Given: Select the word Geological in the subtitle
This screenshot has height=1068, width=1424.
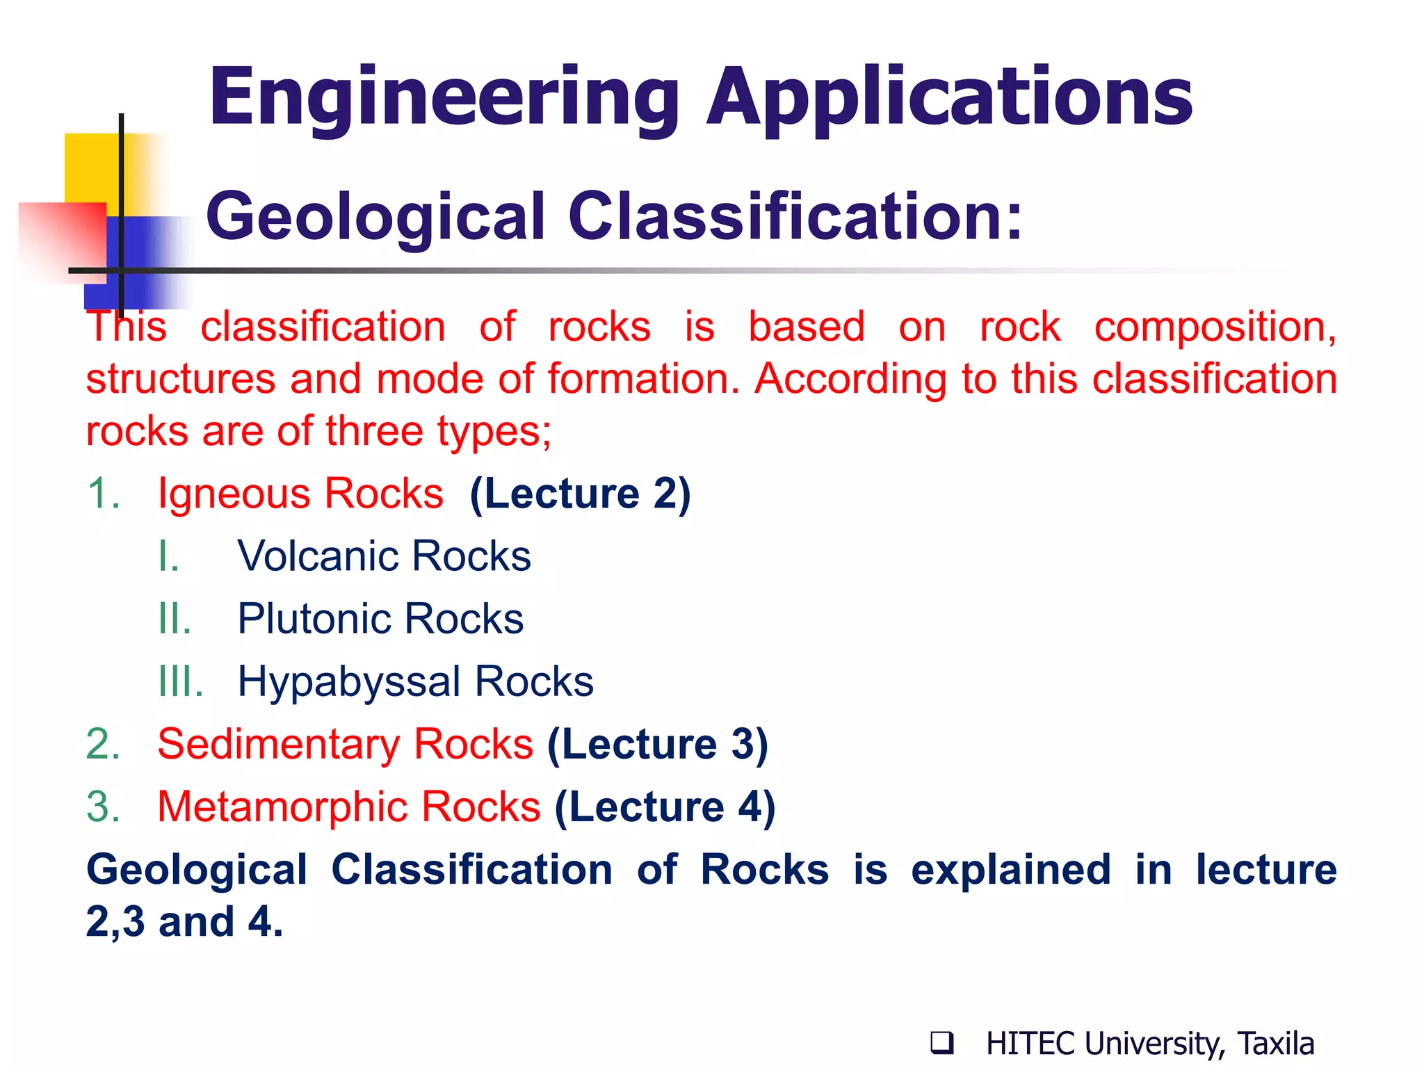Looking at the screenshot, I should pyautogui.click(x=375, y=217).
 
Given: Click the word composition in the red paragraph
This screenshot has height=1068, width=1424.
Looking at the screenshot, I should pyautogui.click(x=1215, y=327).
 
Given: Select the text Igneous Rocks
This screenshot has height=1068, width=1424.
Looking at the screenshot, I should pyautogui.click(x=300, y=494).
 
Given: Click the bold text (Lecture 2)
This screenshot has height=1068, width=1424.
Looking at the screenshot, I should pyautogui.click(x=580, y=494).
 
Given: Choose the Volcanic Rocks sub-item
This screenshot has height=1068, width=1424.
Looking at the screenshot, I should pyautogui.click(x=384, y=556).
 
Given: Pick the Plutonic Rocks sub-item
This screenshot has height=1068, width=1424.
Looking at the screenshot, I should pyautogui.click(x=380, y=619).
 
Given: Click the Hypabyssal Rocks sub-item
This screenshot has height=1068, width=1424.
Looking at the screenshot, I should pyautogui.click(x=415, y=681).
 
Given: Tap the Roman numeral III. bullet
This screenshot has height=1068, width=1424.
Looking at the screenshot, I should pyautogui.click(x=180, y=681).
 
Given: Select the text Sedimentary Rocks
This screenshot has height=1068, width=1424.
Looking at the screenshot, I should pyautogui.click(x=345, y=744).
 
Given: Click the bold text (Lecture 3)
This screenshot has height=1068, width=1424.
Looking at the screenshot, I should pyautogui.click(x=657, y=744).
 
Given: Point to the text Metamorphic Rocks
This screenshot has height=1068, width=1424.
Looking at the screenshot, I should pyautogui.click(x=349, y=807).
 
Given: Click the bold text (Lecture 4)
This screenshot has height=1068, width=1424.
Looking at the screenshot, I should pyautogui.click(x=665, y=807).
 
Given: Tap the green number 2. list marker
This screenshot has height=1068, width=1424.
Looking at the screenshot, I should pyautogui.click(x=103, y=744).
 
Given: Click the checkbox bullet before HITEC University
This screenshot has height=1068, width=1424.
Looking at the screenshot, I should pyautogui.click(x=941, y=1043).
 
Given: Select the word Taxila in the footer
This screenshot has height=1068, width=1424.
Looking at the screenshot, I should pyautogui.click(x=1276, y=1044).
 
